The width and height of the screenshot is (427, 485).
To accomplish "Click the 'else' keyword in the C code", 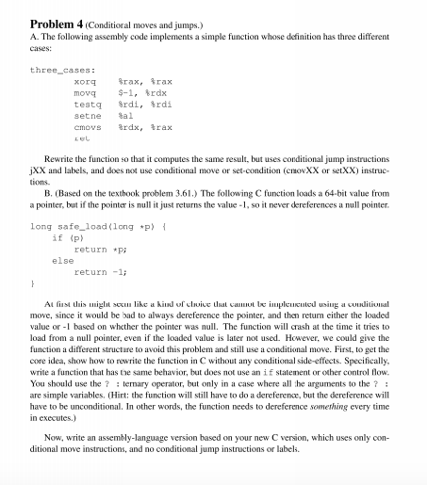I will (x=62, y=259).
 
